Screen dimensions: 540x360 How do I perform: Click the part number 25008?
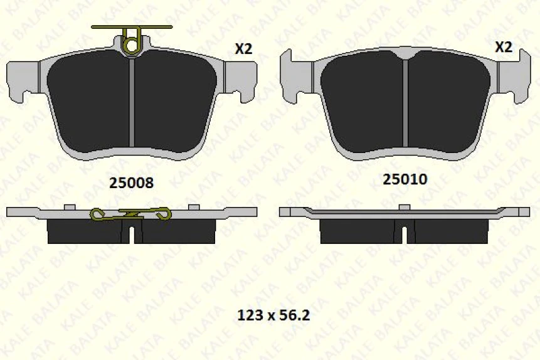[x=131, y=183]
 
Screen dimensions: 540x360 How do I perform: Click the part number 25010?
[x=405, y=179]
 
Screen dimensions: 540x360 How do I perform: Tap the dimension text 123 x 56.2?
[x=274, y=315]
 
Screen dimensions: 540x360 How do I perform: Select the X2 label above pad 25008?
[x=243, y=49]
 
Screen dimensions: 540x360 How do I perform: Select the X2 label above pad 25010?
[x=504, y=47]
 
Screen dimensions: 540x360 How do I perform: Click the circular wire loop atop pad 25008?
[x=132, y=45]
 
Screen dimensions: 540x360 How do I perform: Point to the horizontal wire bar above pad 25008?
[x=132, y=27]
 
